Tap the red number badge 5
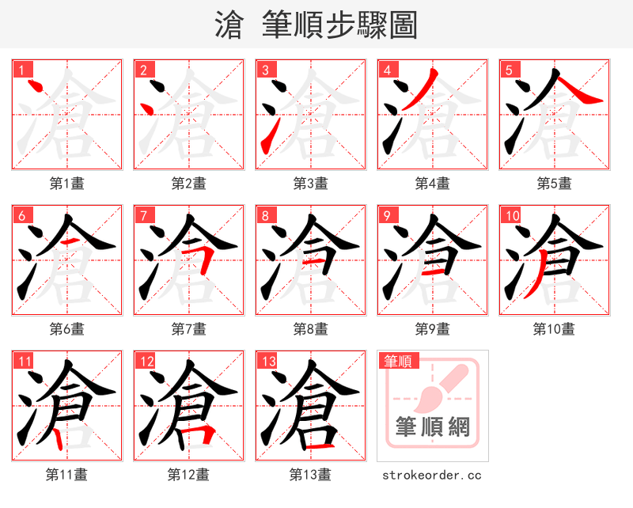509,70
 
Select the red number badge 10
512,215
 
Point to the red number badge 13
268,362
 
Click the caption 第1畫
67,184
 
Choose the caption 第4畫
432,184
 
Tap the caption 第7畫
188,329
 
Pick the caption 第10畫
554,329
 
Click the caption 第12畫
188,475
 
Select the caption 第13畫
310,475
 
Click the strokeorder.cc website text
432,476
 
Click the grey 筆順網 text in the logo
433,427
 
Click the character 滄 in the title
230,25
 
